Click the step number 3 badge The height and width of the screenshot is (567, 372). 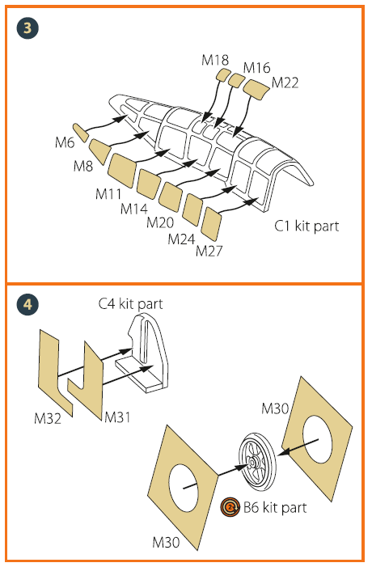[27, 28]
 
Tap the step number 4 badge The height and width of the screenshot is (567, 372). [27, 304]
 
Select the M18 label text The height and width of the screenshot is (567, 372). [215, 60]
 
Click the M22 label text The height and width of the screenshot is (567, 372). [285, 83]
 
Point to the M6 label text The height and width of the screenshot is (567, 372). [65, 142]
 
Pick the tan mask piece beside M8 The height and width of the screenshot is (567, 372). [99, 150]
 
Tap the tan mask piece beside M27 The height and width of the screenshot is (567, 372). [211, 223]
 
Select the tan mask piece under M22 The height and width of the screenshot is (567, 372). [256, 89]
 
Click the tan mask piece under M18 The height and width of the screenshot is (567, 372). [222, 75]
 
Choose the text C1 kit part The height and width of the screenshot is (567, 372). [306, 226]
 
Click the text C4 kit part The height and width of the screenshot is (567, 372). [130, 304]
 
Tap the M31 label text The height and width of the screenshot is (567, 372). [117, 417]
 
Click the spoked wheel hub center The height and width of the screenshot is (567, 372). [252, 461]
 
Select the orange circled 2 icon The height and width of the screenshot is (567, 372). [230, 507]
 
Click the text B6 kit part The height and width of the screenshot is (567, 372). [275, 508]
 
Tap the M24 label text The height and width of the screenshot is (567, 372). [181, 239]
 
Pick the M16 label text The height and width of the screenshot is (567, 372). [256, 68]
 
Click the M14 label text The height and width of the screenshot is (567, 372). [134, 209]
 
